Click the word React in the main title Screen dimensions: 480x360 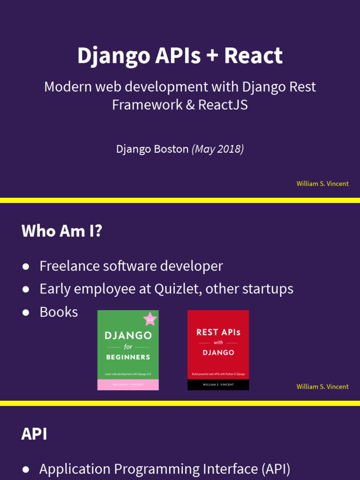[x=253, y=56]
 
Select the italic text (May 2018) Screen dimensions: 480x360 [x=217, y=149]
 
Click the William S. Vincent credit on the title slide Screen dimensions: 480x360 [x=322, y=184]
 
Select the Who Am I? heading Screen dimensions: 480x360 [x=61, y=231]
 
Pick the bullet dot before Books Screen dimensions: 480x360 [x=26, y=312]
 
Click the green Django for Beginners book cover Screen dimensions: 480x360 [x=127, y=347]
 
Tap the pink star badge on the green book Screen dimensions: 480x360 [x=150, y=319]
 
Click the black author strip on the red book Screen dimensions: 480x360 [x=218, y=385]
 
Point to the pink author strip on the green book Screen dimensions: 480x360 [x=127, y=385]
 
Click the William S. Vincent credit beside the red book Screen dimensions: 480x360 [x=322, y=387]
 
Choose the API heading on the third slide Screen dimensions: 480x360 [x=34, y=434]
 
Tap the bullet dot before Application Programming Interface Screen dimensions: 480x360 [x=26, y=469]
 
